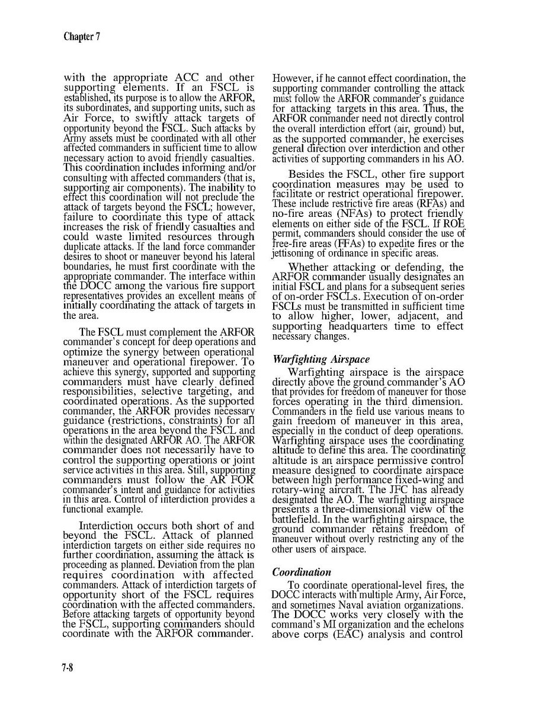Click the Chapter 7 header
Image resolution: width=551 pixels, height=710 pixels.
coord(82,36)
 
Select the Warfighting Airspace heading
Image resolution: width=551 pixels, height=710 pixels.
coord(321,360)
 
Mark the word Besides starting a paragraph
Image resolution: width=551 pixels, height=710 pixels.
coord(309,174)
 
